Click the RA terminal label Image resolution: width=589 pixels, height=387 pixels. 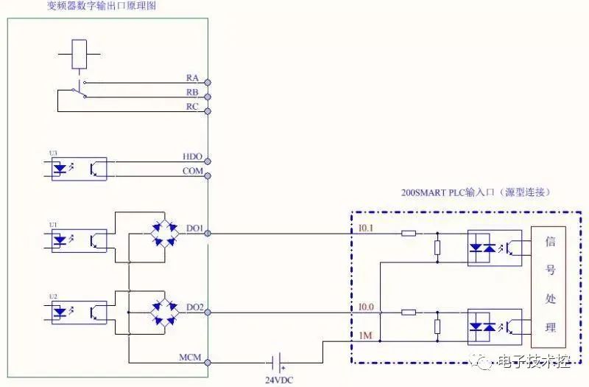point(192,77)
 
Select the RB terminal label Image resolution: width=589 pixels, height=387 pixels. point(192,92)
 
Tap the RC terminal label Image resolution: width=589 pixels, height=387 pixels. point(192,107)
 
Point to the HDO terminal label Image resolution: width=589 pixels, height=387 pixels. point(192,156)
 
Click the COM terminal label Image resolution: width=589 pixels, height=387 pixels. point(192,171)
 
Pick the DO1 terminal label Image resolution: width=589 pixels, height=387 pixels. point(194,229)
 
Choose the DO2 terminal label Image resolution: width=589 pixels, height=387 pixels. point(194,307)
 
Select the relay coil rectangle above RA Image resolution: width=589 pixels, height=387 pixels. point(80,53)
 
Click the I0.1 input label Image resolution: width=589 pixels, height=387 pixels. point(366,229)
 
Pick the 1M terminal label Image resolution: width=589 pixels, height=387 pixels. point(364,335)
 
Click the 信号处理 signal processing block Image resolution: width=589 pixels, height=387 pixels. point(549,286)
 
